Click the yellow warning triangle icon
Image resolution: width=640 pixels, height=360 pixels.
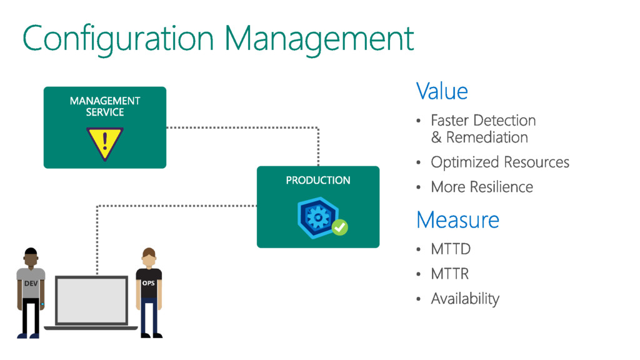coord(104,142)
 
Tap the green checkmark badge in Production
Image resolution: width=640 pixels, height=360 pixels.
coord(339,227)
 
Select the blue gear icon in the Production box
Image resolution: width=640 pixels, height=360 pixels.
coord(319,217)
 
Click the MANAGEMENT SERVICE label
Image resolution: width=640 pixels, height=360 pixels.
coord(105,106)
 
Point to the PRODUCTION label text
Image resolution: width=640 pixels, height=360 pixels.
coord(318,180)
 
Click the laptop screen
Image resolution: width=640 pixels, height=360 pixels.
coord(91,301)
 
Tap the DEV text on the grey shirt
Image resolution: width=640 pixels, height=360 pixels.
coord(31,284)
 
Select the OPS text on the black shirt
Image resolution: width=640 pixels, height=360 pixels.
coord(149,283)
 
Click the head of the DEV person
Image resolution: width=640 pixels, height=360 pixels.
coord(31,257)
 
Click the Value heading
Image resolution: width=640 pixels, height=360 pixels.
coord(442,91)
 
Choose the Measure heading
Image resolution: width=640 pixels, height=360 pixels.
coord(457,220)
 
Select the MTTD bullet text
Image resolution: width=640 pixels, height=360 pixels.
coord(450,249)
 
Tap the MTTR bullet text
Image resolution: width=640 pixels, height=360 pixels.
coord(449,274)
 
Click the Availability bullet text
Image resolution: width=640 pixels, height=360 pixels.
coord(465,299)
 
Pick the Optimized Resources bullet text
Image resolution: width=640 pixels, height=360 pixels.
coord(500,162)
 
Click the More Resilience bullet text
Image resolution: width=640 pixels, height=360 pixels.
coord(482,187)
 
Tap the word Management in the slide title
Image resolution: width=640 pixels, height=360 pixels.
coord(319,39)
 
